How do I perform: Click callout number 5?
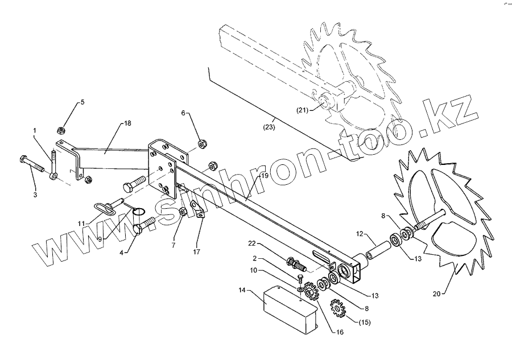pyautogui.click(x=82, y=102)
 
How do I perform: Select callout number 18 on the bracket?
pyautogui.click(x=127, y=124)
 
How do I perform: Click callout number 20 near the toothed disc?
pyautogui.click(x=436, y=293)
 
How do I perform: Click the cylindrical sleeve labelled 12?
pyautogui.click(x=377, y=250)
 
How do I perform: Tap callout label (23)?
pyautogui.click(x=270, y=127)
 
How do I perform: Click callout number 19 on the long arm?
pyautogui.click(x=264, y=177)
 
